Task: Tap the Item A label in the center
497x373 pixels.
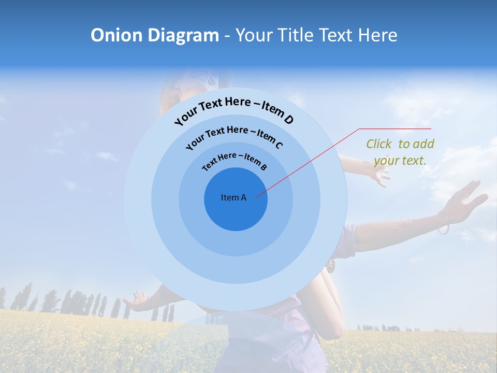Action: click(x=233, y=197)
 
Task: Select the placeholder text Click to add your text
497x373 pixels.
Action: click(x=400, y=152)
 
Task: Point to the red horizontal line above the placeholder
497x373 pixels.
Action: click(x=395, y=128)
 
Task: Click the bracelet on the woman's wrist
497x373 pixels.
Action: click(x=444, y=224)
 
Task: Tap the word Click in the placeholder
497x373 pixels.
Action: click(x=379, y=144)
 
